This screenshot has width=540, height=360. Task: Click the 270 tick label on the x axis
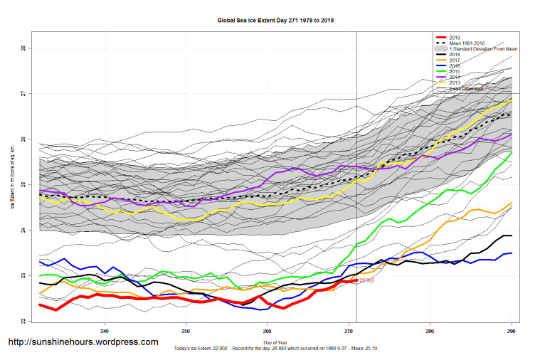348,331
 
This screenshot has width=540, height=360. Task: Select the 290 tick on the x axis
510,331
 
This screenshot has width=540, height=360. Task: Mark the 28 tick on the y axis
23,48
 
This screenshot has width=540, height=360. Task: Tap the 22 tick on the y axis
23,322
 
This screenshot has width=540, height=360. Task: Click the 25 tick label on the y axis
23,185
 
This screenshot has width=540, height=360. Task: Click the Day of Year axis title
275,343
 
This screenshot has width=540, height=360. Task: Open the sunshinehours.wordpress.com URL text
83,342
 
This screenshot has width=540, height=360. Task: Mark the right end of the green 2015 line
512,152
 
